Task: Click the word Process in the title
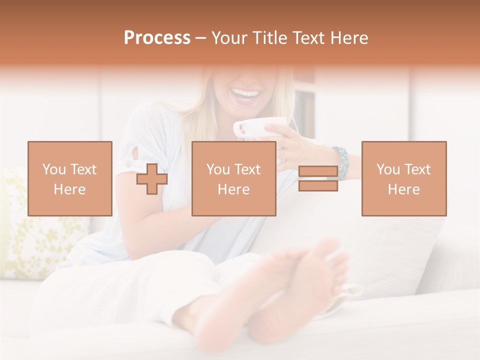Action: [x=157, y=38]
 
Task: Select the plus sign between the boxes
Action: [x=152, y=179]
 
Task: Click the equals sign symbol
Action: [x=318, y=179]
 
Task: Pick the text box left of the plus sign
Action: [x=70, y=179]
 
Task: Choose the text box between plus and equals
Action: [x=234, y=179]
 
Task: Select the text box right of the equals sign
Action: [x=404, y=179]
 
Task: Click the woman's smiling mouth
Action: [x=245, y=94]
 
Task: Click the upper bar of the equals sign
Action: [x=318, y=171]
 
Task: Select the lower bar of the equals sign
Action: [x=318, y=186]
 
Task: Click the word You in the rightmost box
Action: [x=388, y=169]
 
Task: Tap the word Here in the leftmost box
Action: [x=70, y=189]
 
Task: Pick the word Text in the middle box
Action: [x=247, y=169]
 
